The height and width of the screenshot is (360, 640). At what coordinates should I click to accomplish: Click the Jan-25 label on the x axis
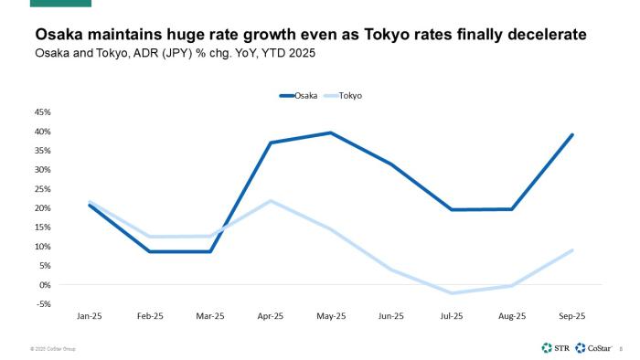tap(90, 316)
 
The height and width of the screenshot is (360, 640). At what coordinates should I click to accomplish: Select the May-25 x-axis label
tap(331, 316)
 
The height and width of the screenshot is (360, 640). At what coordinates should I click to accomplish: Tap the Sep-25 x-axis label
tap(572, 316)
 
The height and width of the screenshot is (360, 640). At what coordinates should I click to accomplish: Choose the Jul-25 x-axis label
tap(452, 316)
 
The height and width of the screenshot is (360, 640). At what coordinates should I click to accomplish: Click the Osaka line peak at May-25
tap(331, 132)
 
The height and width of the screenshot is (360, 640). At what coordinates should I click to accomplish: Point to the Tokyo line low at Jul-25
tap(452, 293)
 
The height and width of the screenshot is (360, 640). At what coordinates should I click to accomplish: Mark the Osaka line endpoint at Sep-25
tap(572, 134)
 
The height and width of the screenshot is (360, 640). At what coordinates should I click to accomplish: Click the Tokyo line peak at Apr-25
tap(271, 201)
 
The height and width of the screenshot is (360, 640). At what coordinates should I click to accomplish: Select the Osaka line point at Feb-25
tap(150, 251)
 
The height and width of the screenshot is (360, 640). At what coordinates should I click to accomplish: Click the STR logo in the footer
tap(554, 347)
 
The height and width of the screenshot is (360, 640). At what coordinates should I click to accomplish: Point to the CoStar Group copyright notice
tap(52, 348)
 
